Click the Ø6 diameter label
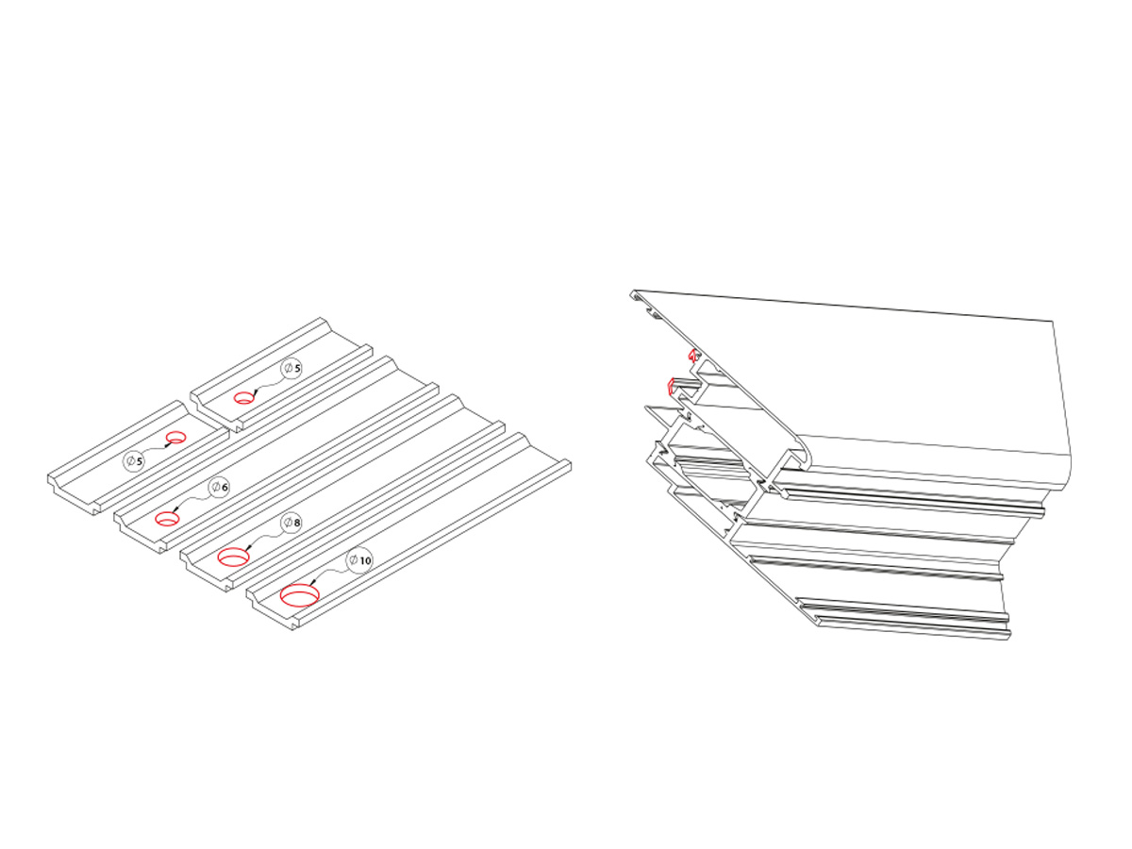click(x=219, y=487)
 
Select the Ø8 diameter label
click(x=291, y=523)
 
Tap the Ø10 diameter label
click(x=359, y=559)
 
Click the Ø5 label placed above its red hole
click(x=291, y=368)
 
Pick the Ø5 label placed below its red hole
click(x=134, y=461)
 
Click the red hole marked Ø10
click(x=300, y=596)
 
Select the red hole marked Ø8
click(x=233, y=558)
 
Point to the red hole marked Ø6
click(x=167, y=518)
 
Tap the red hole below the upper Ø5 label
click(x=243, y=397)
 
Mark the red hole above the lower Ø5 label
click(x=175, y=437)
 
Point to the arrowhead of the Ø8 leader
click(x=249, y=547)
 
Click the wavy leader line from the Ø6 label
click(x=192, y=500)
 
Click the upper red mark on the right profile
click(x=692, y=356)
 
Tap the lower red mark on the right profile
click(x=671, y=386)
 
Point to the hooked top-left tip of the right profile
click(x=632, y=294)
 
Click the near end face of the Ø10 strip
click(x=273, y=609)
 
